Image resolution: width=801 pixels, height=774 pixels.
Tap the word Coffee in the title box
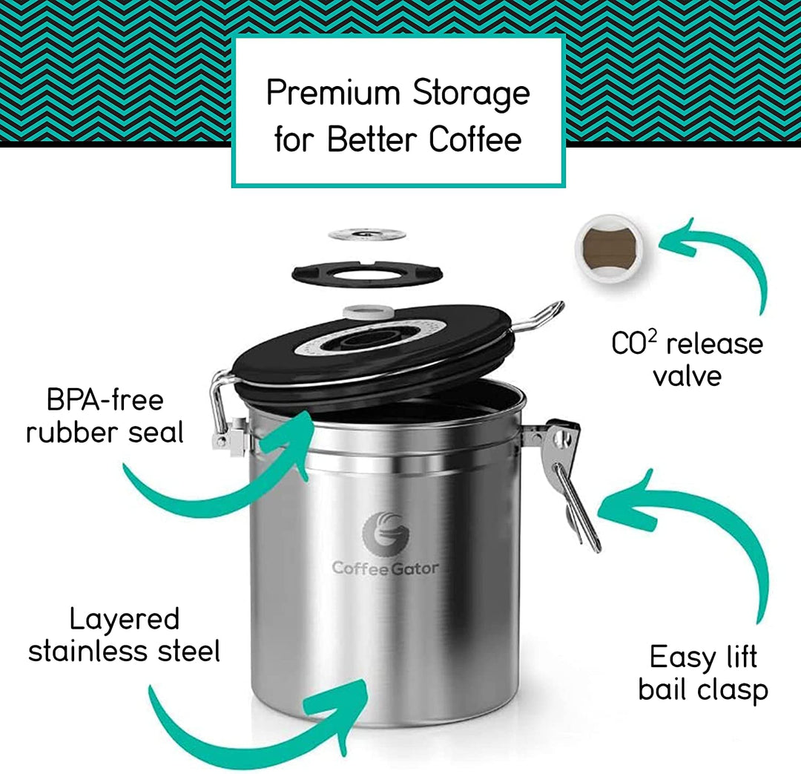[x=475, y=140]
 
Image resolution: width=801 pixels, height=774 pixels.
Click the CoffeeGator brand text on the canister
[x=385, y=568]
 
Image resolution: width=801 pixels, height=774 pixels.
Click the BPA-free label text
[x=105, y=400]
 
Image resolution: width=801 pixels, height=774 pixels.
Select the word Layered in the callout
[x=125, y=619]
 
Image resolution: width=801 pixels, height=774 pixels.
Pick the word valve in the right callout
[x=687, y=375]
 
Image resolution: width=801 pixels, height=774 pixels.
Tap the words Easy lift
[x=703, y=657]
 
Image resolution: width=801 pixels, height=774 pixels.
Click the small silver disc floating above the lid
[x=367, y=235]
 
